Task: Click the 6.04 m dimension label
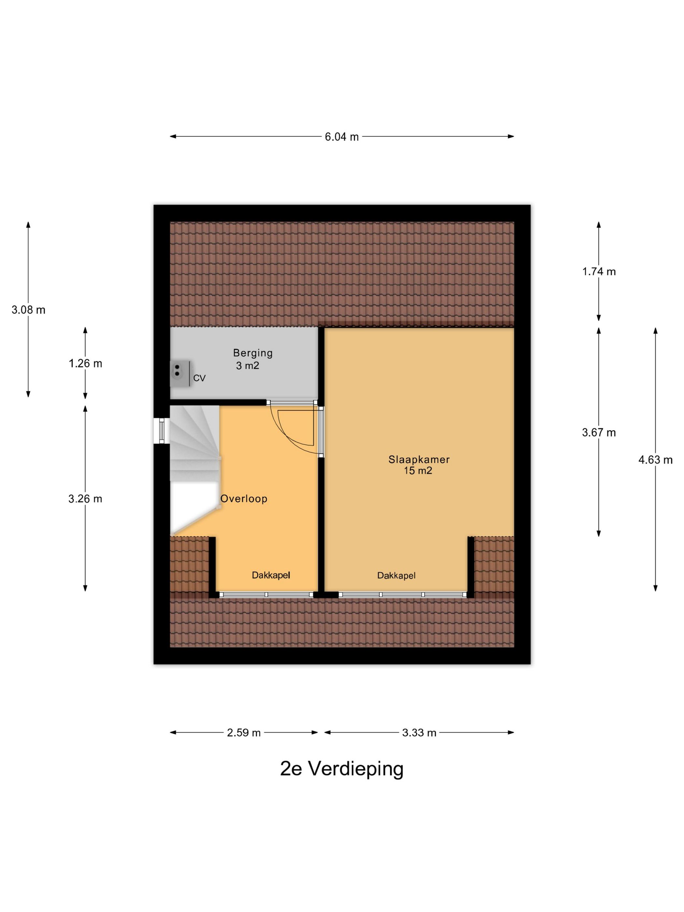click(341, 137)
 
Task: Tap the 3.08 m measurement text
click(28, 310)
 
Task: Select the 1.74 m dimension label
click(599, 271)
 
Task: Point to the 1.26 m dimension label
click(85, 363)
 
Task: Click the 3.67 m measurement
click(599, 433)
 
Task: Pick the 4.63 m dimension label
click(655, 460)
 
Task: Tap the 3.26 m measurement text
click(85, 499)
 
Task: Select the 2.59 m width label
click(244, 733)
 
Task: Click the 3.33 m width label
click(419, 733)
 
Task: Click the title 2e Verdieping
click(341, 768)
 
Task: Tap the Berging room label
click(253, 353)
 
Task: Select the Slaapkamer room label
click(419, 459)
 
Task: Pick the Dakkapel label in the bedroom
click(396, 576)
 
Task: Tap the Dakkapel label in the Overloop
click(271, 575)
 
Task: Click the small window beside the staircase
click(162, 431)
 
